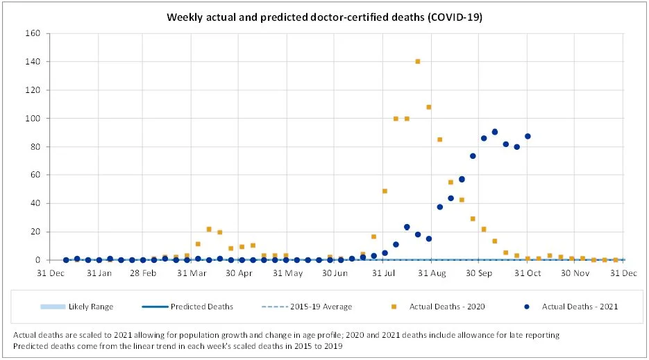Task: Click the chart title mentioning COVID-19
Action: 324,16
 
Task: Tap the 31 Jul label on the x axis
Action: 384,273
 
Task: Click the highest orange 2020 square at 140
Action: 418,62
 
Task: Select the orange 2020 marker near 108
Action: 429,107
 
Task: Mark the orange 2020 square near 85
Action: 439,139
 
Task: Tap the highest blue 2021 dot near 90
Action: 495,132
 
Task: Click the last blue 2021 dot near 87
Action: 528,136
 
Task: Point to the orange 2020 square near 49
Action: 385,191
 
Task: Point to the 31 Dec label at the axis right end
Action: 623,273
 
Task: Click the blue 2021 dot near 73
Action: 473,156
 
